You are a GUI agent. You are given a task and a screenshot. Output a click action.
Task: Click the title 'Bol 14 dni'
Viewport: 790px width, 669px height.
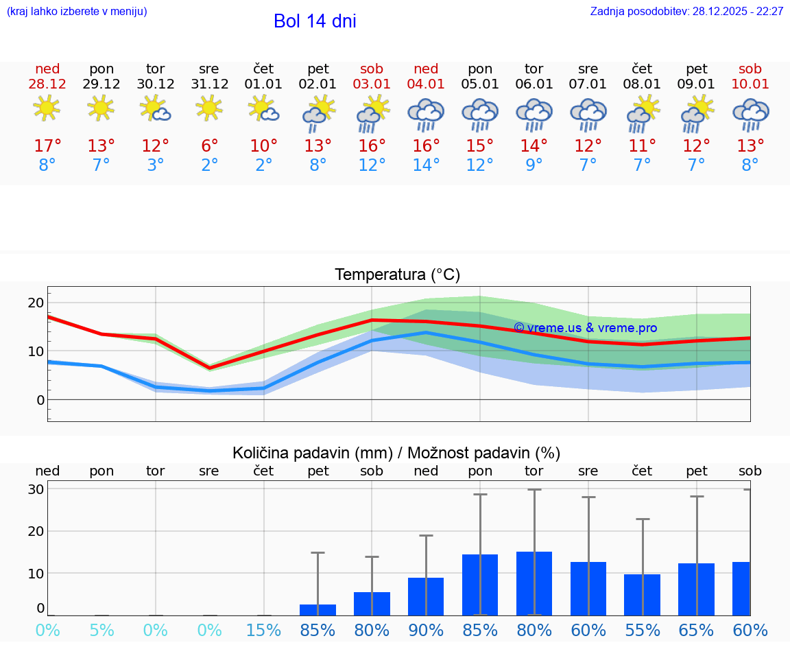coord(315,21)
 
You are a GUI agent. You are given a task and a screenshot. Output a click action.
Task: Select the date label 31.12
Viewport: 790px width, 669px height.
coord(209,84)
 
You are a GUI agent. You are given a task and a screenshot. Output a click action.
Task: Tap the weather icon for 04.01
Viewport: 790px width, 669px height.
coord(426,114)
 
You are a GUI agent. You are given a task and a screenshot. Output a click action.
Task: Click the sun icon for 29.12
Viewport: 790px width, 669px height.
coord(101,108)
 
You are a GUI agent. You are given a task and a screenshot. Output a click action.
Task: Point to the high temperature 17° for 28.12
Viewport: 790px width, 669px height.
coord(47,146)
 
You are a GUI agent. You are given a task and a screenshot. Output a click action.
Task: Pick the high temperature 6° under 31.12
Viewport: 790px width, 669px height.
coord(209,146)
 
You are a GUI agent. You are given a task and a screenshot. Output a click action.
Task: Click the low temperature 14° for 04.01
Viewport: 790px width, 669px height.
coord(426,165)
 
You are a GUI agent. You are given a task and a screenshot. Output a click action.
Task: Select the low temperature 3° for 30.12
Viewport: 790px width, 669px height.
coord(156,165)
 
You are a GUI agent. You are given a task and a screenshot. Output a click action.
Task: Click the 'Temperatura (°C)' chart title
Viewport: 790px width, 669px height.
coord(397,275)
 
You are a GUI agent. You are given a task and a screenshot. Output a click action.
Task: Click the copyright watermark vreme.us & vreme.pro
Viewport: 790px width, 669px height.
coord(585,328)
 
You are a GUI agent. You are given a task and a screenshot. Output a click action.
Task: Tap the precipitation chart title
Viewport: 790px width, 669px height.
coord(396,453)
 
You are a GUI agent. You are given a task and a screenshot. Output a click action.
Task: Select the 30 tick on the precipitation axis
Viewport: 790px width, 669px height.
coord(36,489)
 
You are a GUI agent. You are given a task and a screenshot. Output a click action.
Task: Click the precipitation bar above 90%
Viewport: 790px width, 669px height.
coord(426,596)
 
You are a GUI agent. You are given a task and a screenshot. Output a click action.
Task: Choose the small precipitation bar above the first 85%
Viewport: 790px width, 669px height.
coord(318,610)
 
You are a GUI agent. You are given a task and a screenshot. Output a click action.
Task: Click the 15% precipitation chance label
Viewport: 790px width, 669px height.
coord(263,631)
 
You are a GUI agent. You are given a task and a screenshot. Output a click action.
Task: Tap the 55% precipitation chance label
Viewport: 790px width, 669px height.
coord(643,631)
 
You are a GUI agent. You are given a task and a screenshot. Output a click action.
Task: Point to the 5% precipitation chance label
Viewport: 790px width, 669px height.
coord(101,631)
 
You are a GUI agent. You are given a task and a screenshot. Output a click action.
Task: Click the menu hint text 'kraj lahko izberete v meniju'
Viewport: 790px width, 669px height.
coord(77,12)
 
